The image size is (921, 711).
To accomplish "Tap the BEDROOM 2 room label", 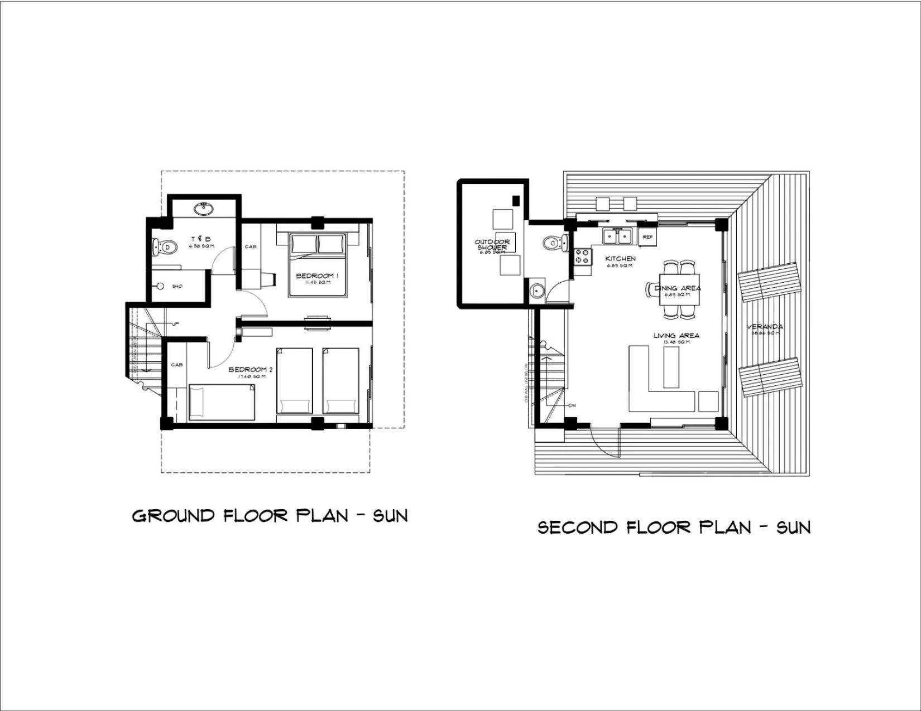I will tap(251, 369).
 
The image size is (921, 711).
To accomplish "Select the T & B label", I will tap(200, 239).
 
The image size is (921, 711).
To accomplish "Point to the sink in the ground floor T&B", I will tap(203, 209).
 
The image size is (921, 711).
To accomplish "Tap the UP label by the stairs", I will tap(175, 324).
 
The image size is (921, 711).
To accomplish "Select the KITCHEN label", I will tap(620, 259).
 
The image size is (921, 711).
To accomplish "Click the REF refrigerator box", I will tap(647, 237).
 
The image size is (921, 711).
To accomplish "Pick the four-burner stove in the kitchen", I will tap(582, 257).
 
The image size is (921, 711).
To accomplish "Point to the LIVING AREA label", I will tap(677, 335).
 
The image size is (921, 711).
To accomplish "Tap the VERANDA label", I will tap(765, 327).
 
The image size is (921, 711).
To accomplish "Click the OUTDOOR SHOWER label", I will tap(492, 244).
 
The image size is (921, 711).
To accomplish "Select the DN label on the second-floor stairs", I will tap(572, 405).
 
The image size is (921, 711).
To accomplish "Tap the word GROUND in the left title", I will tap(174, 516).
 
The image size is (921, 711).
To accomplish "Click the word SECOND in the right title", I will tap(578, 528).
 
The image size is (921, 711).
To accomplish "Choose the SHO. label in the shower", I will tap(177, 286).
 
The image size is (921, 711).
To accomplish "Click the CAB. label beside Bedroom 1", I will tap(251, 246).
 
